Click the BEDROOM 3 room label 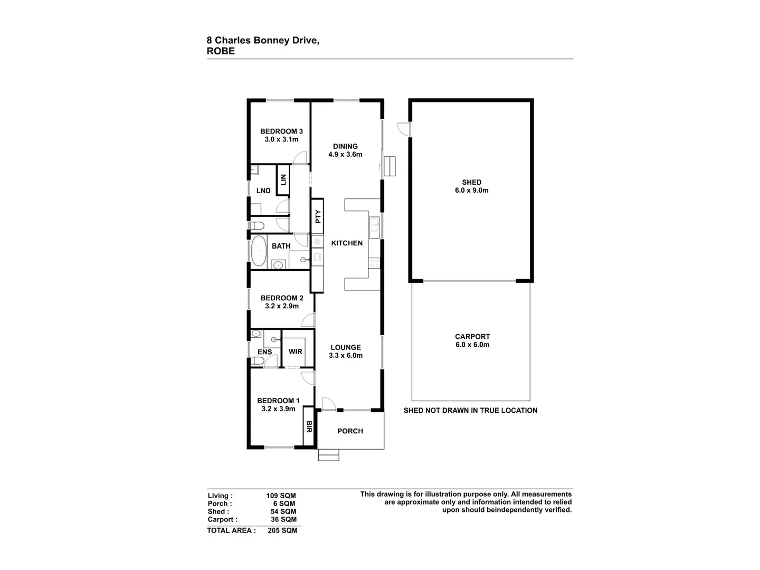pos(281,131)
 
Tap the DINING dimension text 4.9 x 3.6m pos(345,155)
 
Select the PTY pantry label pos(318,216)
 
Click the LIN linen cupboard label pos(283,179)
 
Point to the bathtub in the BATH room pos(259,251)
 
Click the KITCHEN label pos(347,243)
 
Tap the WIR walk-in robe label pos(295,351)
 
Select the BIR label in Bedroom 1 pos(309,426)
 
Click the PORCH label pos(350,431)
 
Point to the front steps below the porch pos(328,455)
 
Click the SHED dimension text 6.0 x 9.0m pos(471,191)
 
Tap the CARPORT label pos(472,336)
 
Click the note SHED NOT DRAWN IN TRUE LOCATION pos(470,410)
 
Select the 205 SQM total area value pos(282,530)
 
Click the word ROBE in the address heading pos(221,51)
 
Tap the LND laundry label pos(263,191)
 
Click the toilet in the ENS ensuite pos(257,360)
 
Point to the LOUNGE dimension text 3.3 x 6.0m pos(346,356)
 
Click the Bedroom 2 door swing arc pos(309,320)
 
